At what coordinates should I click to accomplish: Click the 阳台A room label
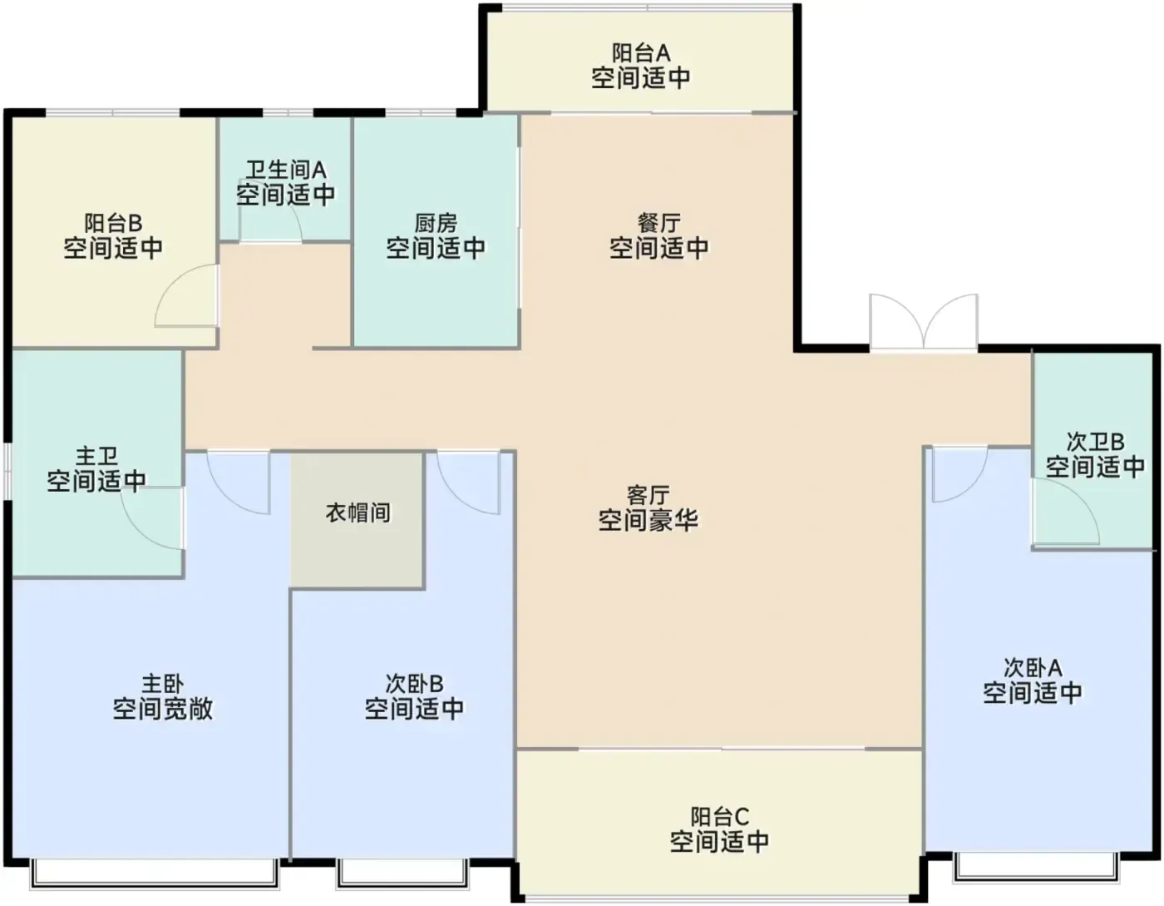641,53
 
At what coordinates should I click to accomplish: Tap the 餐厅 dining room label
658,223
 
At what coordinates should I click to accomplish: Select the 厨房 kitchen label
436,224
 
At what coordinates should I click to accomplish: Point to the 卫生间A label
286,170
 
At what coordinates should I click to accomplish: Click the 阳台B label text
113,223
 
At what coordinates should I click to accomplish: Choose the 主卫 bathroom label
96,457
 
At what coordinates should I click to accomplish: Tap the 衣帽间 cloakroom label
358,513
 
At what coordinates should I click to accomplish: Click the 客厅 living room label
649,496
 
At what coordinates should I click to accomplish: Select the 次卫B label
1096,442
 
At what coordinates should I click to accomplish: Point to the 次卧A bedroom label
1033,668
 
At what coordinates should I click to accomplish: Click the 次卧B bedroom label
414,684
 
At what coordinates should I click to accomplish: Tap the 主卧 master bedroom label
162,684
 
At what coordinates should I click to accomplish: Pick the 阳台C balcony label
719,817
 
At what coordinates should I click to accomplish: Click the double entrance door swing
924,321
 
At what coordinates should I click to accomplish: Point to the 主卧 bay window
155,875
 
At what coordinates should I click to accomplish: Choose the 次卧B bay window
402,875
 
